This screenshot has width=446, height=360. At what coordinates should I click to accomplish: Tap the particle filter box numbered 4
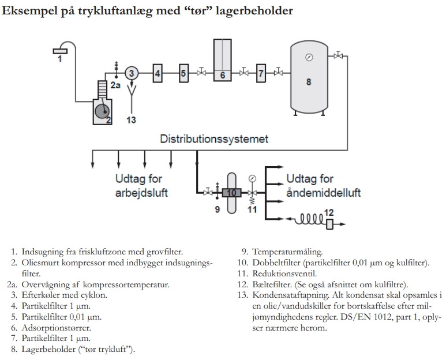pos(157,73)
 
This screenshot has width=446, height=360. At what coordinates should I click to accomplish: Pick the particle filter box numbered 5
pos(183,73)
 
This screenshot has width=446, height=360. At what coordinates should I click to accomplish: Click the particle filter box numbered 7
pos(261,73)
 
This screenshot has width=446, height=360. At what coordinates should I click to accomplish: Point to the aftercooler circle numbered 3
pos(132,73)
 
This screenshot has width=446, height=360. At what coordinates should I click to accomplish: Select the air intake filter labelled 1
pos(59,51)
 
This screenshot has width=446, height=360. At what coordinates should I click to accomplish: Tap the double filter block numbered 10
pos(231,192)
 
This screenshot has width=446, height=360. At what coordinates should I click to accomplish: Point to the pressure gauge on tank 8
pos(309,57)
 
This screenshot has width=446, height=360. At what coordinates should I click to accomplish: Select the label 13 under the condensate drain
pos(132,119)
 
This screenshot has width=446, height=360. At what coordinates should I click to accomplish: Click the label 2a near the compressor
pos(115,85)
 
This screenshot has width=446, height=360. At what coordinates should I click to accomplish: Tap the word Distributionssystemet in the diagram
pos(214,139)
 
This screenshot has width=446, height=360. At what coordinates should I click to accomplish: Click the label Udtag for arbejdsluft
pos(141,185)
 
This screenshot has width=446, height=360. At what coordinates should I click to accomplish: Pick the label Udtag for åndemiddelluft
pos(323,185)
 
